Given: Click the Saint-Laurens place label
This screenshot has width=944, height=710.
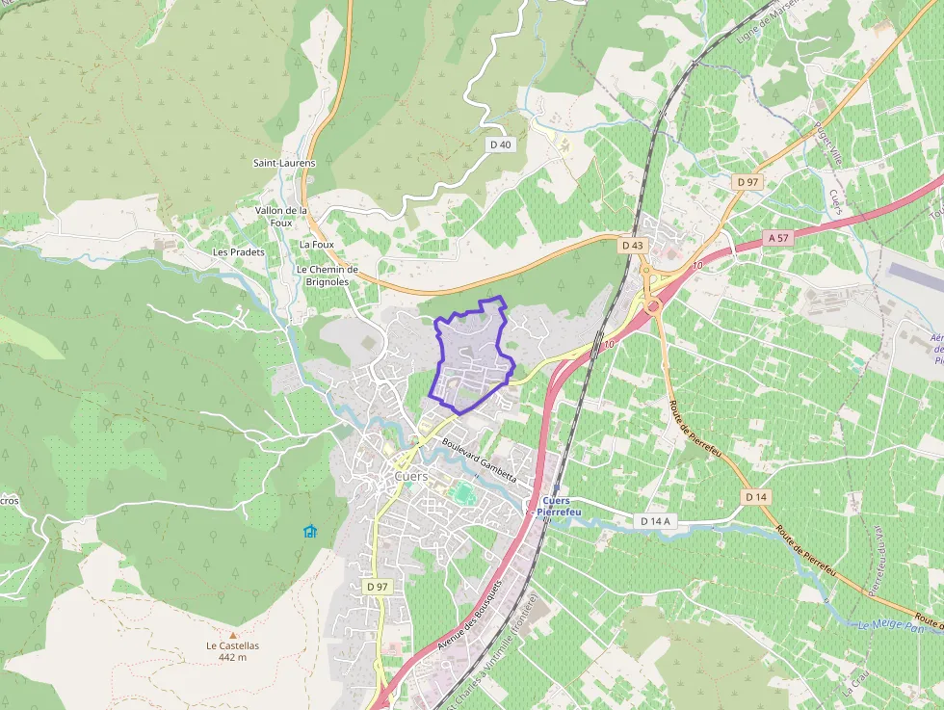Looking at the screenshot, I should click(284, 163).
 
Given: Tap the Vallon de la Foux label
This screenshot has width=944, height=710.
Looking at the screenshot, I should click(281, 216).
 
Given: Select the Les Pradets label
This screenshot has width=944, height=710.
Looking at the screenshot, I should click(239, 252).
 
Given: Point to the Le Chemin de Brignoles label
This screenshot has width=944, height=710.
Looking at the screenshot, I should click(328, 276).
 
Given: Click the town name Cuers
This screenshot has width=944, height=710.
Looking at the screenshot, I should click(411, 476).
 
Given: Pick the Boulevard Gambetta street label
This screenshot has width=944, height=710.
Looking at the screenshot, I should click(480, 461).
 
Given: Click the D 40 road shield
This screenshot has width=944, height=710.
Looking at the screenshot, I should click(501, 145).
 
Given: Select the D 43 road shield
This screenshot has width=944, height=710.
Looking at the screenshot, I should click(633, 246).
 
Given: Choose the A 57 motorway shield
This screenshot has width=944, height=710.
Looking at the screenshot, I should click(779, 237).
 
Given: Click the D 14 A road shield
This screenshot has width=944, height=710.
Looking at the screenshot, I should click(655, 521).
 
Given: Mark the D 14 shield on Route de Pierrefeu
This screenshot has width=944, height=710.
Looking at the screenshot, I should click(756, 497).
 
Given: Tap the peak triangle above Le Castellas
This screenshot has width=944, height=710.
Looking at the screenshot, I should click(232, 635).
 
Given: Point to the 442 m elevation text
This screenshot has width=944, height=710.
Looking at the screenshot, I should click(232, 657).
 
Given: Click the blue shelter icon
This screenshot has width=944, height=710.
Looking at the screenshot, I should click(309, 531).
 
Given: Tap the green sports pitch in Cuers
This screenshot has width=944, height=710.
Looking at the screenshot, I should click(463, 493).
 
